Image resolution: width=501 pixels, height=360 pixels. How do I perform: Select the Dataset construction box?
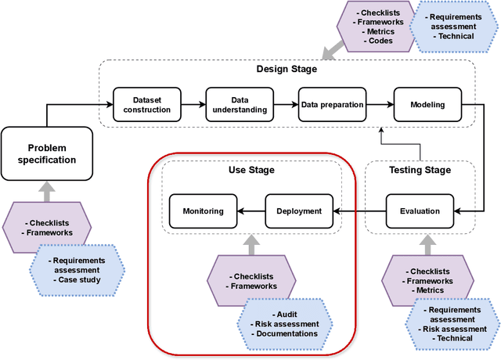click(x=142, y=104)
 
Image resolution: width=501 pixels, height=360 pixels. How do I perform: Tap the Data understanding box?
click(x=234, y=104)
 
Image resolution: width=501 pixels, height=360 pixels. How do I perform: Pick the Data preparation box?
click(x=331, y=104)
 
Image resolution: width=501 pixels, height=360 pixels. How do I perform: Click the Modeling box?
click(x=427, y=104)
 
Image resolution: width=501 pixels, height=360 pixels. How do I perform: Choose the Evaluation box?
click(x=419, y=211)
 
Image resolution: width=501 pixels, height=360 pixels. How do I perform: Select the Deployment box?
click(x=298, y=211)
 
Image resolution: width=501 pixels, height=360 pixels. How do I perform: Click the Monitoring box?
click(x=203, y=211)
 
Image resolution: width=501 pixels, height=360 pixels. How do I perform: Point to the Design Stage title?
click(x=287, y=69)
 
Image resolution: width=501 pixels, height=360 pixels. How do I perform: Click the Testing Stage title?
click(x=420, y=170)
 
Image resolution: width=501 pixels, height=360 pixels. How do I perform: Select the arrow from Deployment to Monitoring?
click(x=250, y=211)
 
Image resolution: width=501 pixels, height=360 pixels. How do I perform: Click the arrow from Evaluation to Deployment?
click(x=359, y=211)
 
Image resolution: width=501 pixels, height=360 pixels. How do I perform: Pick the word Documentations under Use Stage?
click(x=286, y=333)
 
